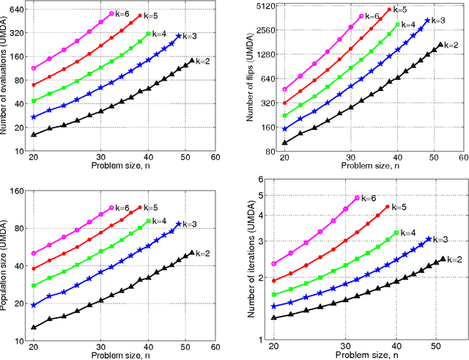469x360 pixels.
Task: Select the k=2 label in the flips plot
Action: point(451,45)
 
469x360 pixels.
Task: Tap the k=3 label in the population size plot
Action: point(191,224)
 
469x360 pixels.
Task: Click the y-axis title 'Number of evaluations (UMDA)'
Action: point(6,73)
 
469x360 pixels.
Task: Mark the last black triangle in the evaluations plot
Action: point(192,61)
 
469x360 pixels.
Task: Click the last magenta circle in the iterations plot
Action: point(357,198)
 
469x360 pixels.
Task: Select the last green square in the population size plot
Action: point(149,221)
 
